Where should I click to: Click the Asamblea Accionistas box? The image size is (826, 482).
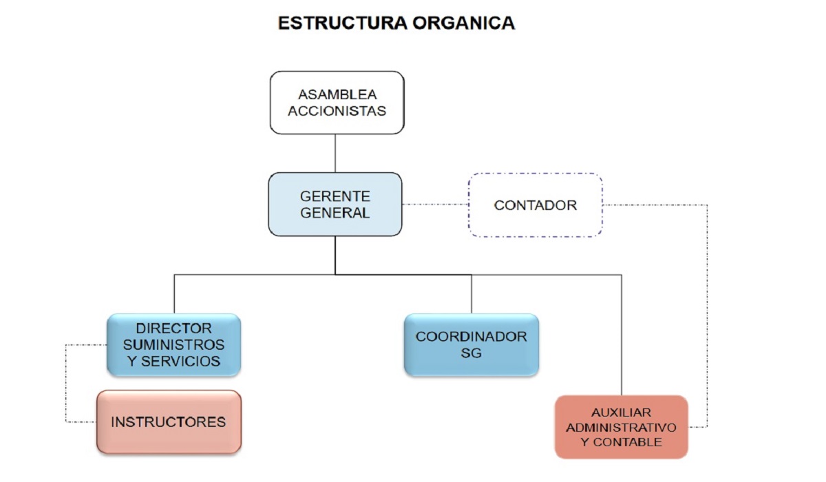pos(337,102)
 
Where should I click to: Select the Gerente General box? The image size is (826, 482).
pos(335,204)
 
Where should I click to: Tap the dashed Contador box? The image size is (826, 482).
pos(536,205)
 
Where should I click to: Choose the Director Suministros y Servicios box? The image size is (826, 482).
pos(173,344)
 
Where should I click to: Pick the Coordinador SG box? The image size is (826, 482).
pos(471,344)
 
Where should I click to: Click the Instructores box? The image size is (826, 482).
pos(169,421)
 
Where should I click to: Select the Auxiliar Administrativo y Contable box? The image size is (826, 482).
pos(621,427)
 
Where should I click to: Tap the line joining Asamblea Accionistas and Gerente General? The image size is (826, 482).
pos(335,153)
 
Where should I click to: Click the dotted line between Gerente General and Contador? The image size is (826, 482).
pos(435,205)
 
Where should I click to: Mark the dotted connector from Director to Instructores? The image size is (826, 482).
pos(67,383)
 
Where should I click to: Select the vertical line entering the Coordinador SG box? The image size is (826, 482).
pos(472,294)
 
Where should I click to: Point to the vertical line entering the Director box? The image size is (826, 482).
pos(174,294)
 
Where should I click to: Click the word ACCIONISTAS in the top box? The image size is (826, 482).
pos(337,110)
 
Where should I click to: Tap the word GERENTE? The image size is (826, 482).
pos(335,196)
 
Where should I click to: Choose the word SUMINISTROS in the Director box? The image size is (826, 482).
pos(178,344)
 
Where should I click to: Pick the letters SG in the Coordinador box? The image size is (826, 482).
pos(471,354)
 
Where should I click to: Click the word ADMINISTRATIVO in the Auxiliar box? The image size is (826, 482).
pos(621,427)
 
